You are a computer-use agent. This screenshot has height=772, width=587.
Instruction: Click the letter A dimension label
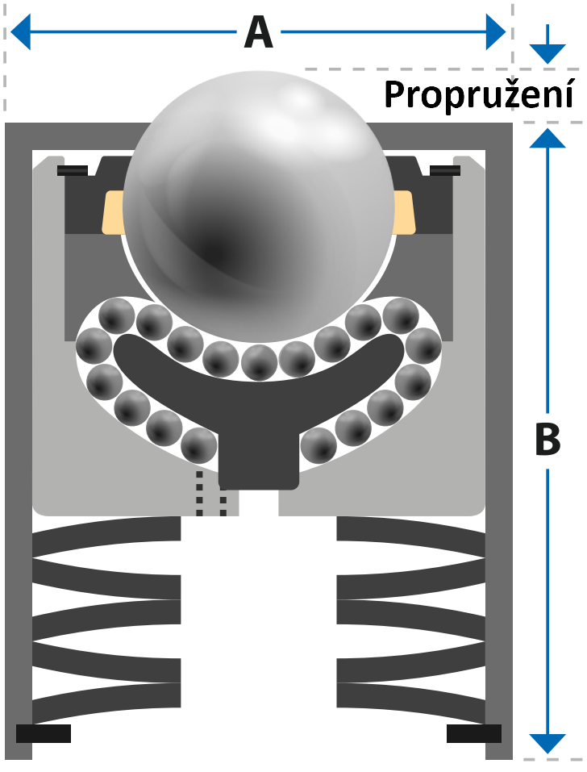click(x=258, y=32)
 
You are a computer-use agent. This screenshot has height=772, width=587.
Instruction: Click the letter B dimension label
click(x=547, y=440)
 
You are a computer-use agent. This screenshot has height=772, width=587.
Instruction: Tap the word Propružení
click(x=479, y=94)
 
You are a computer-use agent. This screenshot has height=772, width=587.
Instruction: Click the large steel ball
click(x=260, y=207)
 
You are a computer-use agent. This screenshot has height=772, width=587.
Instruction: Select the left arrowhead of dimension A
click(x=21, y=32)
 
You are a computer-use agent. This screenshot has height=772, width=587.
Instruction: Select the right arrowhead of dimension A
click(x=495, y=32)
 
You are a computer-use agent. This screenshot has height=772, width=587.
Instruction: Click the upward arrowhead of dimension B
click(x=547, y=138)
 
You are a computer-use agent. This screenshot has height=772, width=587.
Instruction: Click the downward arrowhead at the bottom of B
click(x=547, y=744)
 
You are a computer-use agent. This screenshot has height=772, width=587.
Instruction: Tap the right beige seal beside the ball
click(x=405, y=211)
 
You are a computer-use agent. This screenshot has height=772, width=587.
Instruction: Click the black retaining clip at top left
click(x=73, y=171)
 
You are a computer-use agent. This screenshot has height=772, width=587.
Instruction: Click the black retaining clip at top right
click(x=445, y=171)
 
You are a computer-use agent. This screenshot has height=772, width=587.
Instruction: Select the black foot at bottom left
click(x=44, y=733)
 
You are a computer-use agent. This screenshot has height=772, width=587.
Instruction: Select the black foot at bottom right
click(x=474, y=733)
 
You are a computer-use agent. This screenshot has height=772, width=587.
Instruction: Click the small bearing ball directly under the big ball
click(x=260, y=362)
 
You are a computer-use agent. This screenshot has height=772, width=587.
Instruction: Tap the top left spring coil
click(x=106, y=536)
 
